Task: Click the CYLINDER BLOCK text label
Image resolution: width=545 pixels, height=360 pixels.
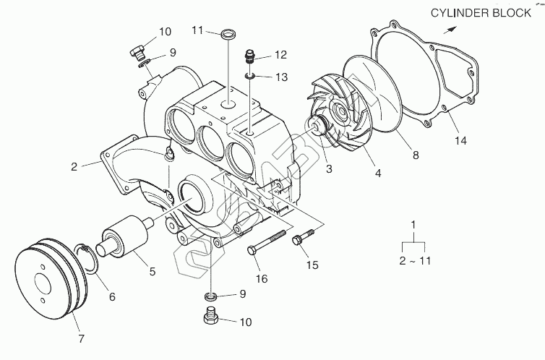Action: pyautogui.click(x=486, y=13)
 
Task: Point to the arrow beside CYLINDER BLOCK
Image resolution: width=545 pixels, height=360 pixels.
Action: pyautogui.click(x=450, y=30)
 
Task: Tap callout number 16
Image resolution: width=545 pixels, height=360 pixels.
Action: pyautogui.click(x=261, y=279)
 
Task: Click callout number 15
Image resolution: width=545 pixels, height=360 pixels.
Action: pyautogui.click(x=312, y=265)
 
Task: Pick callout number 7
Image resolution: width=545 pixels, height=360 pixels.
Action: pyautogui.click(x=80, y=338)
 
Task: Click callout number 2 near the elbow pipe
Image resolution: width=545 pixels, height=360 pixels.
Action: pyautogui.click(x=74, y=166)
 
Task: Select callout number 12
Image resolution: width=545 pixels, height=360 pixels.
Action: pyautogui.click(x=280, y=55)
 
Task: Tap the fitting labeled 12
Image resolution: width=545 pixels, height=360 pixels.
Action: pyautogui.click(x=250, y=54)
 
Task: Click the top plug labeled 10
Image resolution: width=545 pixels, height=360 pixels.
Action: pyautogui.click(x=136, y=50)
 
